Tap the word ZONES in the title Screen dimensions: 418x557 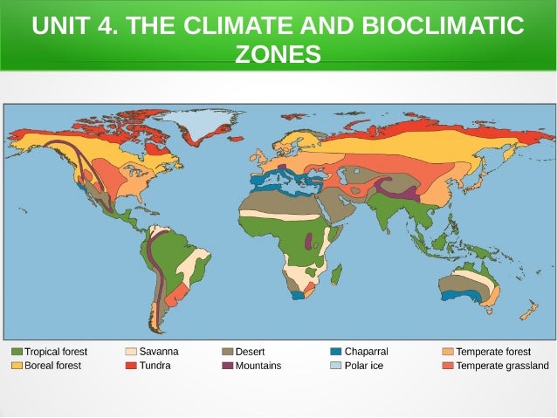[x=278, y=55]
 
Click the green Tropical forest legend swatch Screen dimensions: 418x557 [x=17, y=352]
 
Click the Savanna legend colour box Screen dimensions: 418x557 [x=131, y=352]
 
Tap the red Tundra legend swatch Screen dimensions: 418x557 [x=131, y=366]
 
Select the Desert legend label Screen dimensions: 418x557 [x=251, y=352]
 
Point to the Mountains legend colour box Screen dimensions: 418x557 [x=228, y=366]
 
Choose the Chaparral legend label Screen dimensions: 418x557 [x=366, y=352]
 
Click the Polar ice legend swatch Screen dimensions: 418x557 [x=336, y=366]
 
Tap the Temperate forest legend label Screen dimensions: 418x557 [x=493, y=352]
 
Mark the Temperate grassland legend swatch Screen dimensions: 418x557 [x=448, y=366]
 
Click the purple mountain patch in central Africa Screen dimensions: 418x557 [x=307, y=241]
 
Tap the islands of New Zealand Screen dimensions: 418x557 [x=527, y=311]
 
